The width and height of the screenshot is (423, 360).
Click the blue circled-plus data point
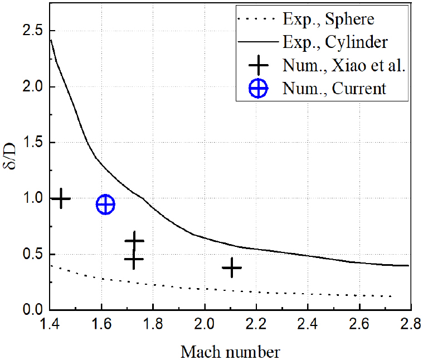coord(105,205)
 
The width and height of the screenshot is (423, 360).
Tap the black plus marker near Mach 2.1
coord(231,268)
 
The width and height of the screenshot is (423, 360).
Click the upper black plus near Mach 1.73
coord(134,241)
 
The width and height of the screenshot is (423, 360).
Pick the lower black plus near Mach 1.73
coord(134,259)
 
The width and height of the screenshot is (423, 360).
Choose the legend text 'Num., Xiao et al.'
coord(343,65)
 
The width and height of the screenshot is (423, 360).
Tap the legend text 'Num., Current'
coord(333,88)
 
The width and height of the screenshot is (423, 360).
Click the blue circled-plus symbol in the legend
coord(257,89)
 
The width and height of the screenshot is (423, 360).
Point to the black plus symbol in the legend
coord(257,66)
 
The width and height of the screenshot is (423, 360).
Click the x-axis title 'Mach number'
coord(230,352)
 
